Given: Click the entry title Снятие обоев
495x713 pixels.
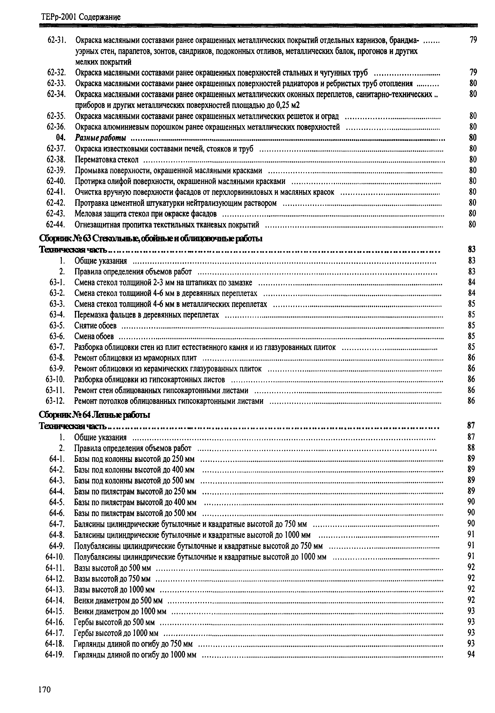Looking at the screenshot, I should pyautogui.click(x=95, y=326).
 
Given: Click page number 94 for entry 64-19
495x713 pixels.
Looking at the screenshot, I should pyautogui.click(x=471, y=655).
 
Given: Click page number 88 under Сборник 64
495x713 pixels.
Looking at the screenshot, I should pyautogui.click(x=471, y=448).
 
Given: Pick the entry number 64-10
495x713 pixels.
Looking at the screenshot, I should pyautogui.click(x=55, y=557).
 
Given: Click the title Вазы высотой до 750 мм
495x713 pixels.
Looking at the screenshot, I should pyautogui.click(x=112, y=579).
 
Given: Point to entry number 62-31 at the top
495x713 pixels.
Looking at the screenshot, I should pyautogui.click(x=57, y=40).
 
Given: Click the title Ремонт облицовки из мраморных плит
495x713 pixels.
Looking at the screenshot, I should pyautogui.click(x=135, y=358).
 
